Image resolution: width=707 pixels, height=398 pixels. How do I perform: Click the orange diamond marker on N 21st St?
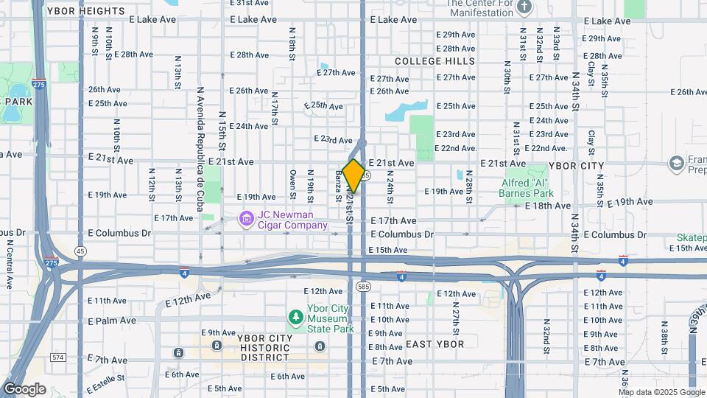point(353,175)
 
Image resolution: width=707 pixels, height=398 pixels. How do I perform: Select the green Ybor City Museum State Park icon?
point(295,318)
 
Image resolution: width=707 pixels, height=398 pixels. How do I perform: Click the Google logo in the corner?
point(24,389)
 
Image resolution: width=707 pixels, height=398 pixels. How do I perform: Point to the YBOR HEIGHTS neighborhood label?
point(85,11)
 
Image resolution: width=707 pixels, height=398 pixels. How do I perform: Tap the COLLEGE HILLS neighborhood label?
point(435,61)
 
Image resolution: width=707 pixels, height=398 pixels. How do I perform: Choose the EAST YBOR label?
point(435,344)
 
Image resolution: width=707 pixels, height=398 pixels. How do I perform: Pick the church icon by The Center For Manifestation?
point(524,7)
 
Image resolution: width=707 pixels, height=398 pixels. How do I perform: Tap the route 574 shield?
point(57,357)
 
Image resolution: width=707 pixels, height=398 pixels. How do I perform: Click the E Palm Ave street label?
point(112,321)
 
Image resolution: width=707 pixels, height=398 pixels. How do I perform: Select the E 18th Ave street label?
point(549,206)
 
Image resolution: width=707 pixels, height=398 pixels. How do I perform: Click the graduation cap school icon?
point(676,162)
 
